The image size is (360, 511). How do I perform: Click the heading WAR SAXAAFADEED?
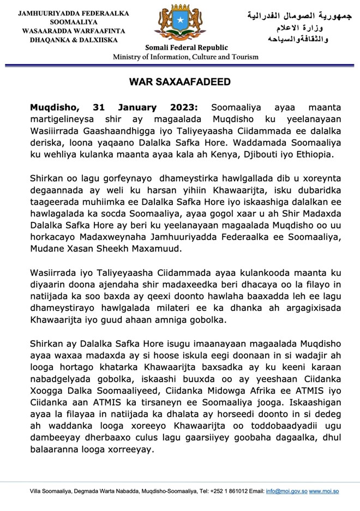coord(179,82)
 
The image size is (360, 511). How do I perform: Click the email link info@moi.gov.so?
coord(286,491)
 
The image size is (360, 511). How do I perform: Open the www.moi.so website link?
coord(324,491)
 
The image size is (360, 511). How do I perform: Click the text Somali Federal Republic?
coord(178,48)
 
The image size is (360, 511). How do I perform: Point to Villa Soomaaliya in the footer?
coord(51,491)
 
